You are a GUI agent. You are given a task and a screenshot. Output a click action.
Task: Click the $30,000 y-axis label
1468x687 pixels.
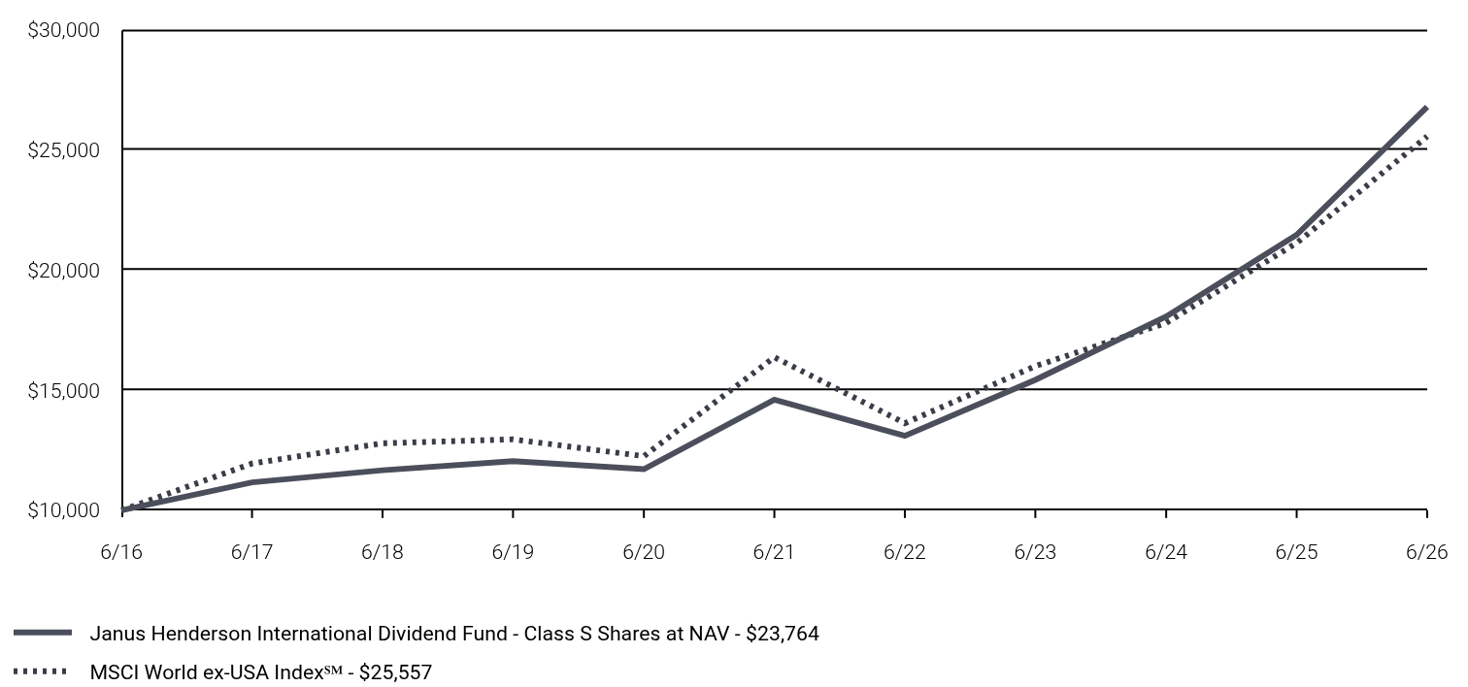[63, 30]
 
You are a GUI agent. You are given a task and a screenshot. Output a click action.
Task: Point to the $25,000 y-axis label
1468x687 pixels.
[63, 150]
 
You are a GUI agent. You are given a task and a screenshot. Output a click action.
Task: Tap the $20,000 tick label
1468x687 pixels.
[63, 270]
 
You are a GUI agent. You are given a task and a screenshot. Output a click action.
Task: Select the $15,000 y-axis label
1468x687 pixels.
[63, 390]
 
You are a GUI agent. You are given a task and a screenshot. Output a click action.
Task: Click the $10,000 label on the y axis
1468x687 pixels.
[63, 510]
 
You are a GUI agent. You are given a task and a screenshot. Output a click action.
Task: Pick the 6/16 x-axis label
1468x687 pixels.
[121, 552]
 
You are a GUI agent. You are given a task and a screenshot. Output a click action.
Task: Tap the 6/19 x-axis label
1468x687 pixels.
[513, 552]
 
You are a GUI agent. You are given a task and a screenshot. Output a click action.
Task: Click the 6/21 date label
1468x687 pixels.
[773, 552]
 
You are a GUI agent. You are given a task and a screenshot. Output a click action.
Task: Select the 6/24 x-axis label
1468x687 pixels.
[1166, 552]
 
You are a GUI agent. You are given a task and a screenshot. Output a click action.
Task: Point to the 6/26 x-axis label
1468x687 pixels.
[1426, 552]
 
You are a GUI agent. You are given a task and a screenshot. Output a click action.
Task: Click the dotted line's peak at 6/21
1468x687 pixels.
[775, 358]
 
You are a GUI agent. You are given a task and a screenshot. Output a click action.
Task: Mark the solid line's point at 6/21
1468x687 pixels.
[775, 400]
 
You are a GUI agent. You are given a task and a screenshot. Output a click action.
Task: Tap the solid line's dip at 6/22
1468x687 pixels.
[905, 436]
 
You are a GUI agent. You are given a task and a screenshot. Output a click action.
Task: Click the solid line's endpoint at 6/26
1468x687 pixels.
[1426, 108]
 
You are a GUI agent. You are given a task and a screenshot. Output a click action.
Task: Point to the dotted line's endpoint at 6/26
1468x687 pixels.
[1426, 136]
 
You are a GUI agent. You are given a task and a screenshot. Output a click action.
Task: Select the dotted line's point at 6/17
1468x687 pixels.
[252, 463]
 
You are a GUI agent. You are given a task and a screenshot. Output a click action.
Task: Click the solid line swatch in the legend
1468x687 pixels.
[43, 633]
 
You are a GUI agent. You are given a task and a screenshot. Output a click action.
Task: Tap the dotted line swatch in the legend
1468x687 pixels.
[40, 671]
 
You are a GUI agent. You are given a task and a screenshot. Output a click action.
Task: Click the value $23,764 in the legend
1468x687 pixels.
[782, 634]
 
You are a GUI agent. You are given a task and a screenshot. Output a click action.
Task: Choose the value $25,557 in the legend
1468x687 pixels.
[395, 672]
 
